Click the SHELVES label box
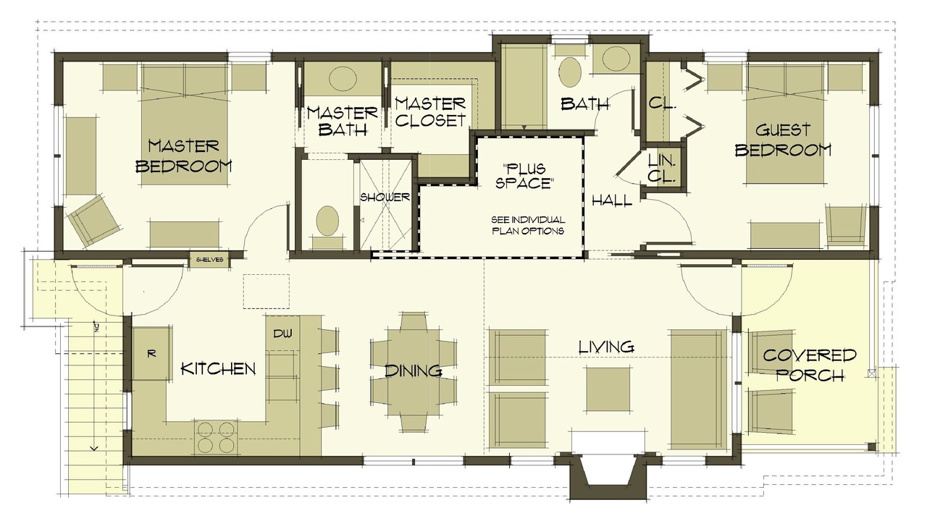[210, 260]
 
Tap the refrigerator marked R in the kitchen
[151, 354]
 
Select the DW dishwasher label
[282, 333]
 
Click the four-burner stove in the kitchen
[216, 436]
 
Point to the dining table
[414, 371]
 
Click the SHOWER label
[385, 198]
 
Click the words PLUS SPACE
[524, 175]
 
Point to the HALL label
[612, 201]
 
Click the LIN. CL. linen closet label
[661, 167]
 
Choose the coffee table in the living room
[609, 389]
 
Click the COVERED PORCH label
[810, 365]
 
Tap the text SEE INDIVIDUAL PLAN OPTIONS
[528, 225]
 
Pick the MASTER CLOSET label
[430, 112]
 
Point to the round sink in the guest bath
[611, 59]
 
